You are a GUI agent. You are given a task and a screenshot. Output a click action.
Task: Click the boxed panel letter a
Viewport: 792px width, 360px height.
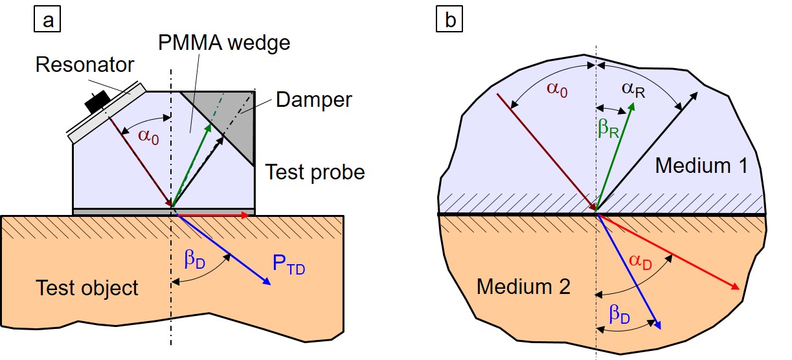click(x=48, y=21)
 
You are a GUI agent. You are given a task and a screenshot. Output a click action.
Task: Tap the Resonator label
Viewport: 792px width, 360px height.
click(x=85, y=65)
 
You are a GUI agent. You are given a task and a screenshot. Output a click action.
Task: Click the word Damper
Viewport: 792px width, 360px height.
click(x=313, y=100)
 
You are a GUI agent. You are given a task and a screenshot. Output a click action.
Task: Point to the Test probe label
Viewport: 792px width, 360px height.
click(x=315, y=172)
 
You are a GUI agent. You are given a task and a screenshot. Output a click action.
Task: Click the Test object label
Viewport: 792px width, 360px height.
click(x=87, y=287)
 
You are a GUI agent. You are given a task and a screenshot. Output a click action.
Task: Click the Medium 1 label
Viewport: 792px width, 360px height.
click(x=701, y=166)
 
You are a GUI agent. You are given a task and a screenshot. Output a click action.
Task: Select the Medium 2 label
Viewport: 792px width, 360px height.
click(x=523, y=286)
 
